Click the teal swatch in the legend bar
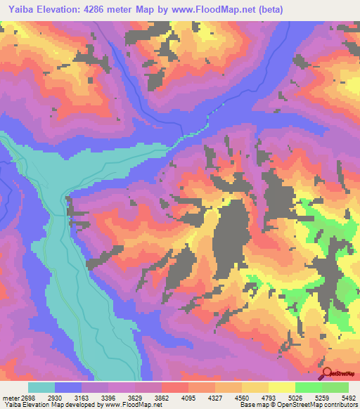pyautogui.click(x=42, y=387)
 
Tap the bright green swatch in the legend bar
pyautogui.click(x=308, y=387)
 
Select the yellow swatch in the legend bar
pyautogui.click(x=281, y=387)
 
